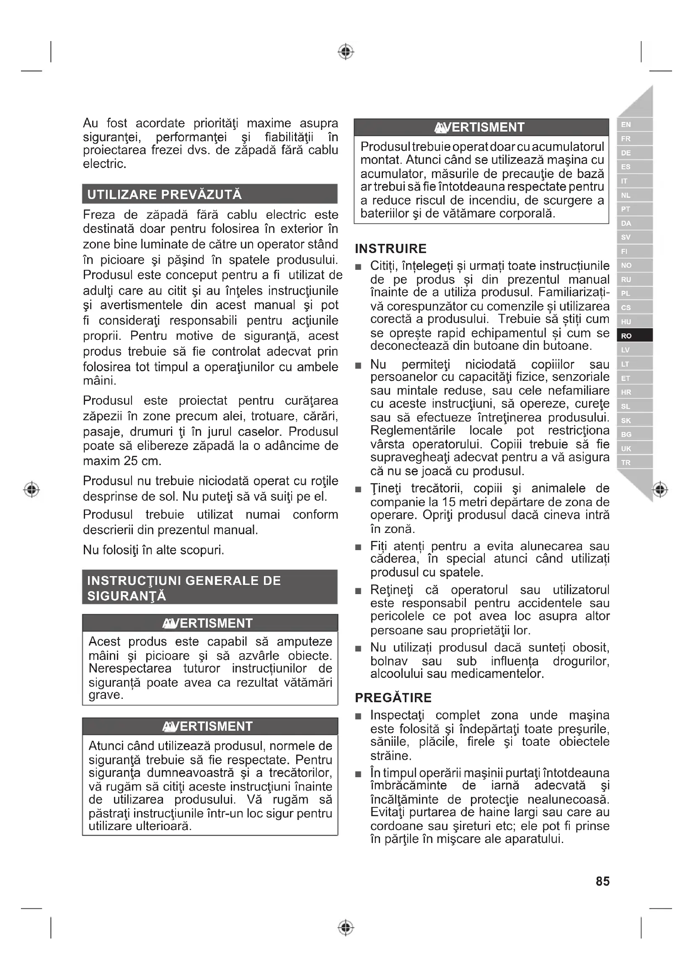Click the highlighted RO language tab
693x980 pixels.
pyautogui.click(x=634, y=336)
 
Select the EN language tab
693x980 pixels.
pyautogui.click(x=634, y=124)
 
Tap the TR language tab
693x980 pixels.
pyautogui.click(x=634, y=462)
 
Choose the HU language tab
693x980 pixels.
pyautogui.click(x=634, y=321)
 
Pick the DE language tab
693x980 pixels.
pyautogui.click(x=634, y=153)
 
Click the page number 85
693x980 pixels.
pyautogui.click(x=602, y=881)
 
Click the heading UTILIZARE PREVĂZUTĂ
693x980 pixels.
pyautogui.click(x=164, y=195)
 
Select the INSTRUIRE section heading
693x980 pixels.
pyautogui.click(x=390, y=248)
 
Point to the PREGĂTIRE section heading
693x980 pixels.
pyautogui.click(x=393, y=698)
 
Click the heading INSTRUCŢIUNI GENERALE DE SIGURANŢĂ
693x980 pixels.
pyautogui.click(x=184, y=588)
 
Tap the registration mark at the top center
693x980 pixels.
pyautogui.click(x=346, y=52)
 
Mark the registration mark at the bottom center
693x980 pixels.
pyautogui.click(x=346, y=928)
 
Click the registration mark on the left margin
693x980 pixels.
pyautogui.click(x=31, y=489)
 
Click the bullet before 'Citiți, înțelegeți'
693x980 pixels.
pyautogui.click(x=359, y=267)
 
